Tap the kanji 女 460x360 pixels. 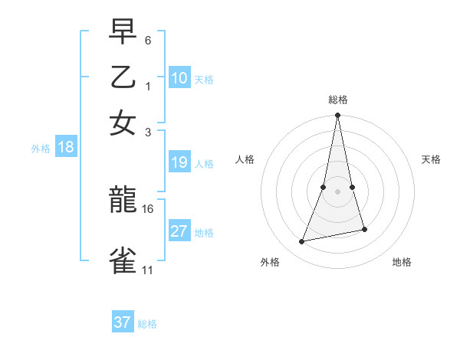click(123, 123)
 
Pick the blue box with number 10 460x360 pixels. click(179, 78)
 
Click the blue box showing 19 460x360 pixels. click(179, 162)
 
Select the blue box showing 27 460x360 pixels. click(179, 231)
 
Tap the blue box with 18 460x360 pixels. click(66, 148)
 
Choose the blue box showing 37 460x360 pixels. click(123, 322)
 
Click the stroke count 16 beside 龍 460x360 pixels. click(148, 208)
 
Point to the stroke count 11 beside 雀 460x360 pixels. click(148, 270)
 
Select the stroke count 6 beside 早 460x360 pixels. click(148, 40)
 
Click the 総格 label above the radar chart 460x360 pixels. click(338, 100)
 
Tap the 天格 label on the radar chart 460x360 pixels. click(432, 159)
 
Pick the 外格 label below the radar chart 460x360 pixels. click(270, 262)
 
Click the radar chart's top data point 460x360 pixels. click(338, 116)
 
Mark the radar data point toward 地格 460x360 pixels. click(364, 229)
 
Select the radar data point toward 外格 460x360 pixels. click(302, 242)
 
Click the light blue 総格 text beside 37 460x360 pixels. click(147, 324)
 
